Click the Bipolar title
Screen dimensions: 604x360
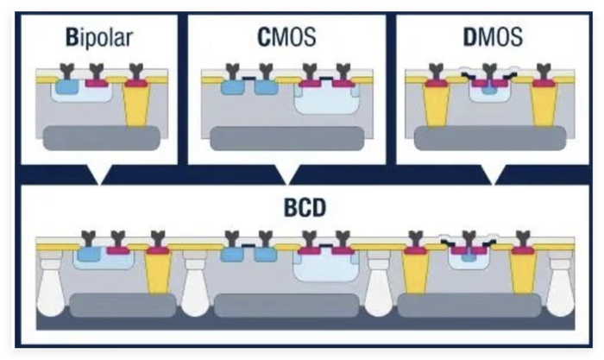click(x=99, y=38)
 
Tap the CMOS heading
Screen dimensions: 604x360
click(x=286, y=37)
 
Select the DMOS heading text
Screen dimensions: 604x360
click(x=493, y=37)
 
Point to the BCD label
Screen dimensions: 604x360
click(x=305, y=208)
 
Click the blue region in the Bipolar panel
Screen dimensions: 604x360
click(x=66, y=86)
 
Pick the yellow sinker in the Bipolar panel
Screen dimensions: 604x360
click(x=136, y=104)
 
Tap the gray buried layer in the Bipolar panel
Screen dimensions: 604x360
click(x=101, y=137)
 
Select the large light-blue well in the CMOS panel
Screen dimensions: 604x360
click(x=327, y=99)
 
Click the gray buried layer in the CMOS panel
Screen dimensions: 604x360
click(x=287, y=138)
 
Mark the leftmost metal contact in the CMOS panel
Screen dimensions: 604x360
click(x=233, y=72)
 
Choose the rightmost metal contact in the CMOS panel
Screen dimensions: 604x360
click(x=343, y=72)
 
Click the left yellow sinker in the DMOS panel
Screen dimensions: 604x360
click(x=436, y=104)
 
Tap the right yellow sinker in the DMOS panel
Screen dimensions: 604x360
click(x=543, y=104)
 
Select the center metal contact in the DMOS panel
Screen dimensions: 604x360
click(x=489, y=72)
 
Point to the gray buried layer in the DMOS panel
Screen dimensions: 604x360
click(x=490, y=137)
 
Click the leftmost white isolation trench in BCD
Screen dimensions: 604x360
click(x=50, y=286)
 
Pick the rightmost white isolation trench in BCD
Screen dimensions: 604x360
click(x=561, y=286)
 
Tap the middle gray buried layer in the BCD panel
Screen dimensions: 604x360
click(x=287, y=306)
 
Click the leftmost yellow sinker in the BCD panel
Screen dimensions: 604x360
click(x=159, y=271)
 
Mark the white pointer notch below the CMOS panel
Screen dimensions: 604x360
click(x=287, y=174)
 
